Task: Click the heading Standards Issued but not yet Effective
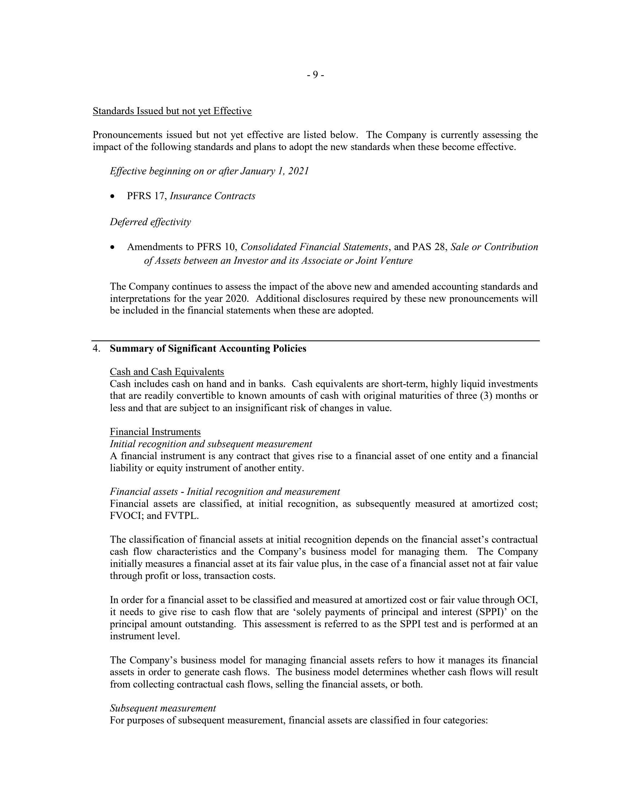pos(172,111)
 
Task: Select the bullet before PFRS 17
pos(112,197)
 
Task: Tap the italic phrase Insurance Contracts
pos(212,196)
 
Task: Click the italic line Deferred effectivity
pos(150,222)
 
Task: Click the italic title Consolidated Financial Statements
pos(314,247)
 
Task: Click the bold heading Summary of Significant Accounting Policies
pos(208,348)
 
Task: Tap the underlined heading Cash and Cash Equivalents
pos(167,372)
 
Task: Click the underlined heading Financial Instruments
pos(155,432)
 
